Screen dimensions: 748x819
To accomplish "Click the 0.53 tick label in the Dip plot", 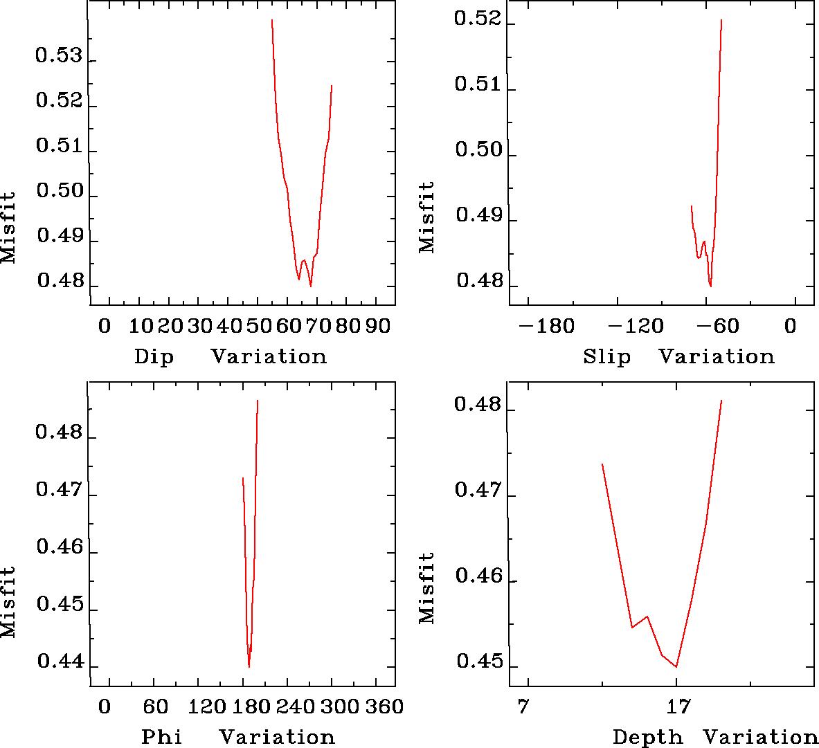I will click(58, 55).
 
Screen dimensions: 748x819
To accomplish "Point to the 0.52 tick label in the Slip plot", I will click(477, 19).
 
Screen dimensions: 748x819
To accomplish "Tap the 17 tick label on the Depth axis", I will click(676, 707).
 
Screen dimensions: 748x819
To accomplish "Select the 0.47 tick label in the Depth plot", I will click(477, 491).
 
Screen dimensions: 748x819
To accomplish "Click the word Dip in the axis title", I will click(154, 357).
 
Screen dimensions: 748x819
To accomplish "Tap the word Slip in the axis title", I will click(607, 357).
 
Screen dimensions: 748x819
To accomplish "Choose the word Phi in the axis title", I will click(162, 737).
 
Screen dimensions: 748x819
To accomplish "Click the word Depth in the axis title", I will click(647, 738).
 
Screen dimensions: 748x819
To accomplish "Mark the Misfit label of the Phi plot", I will click(9, 602).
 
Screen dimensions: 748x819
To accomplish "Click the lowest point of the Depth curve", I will click(676, 667).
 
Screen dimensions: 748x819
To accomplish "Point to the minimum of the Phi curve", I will click(249, 667).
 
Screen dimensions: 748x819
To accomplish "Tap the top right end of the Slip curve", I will click(721, 20).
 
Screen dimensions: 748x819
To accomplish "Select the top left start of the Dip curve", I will click(272, 20).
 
